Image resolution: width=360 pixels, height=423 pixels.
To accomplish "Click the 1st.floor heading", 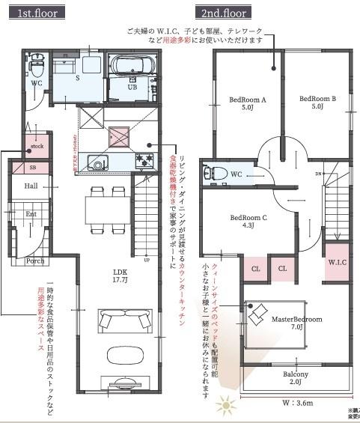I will [x=34, y=13].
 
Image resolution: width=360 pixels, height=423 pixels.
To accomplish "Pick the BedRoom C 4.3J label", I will [x=248, y=221].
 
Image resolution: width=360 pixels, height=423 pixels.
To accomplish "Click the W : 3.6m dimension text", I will [x=296, y=403].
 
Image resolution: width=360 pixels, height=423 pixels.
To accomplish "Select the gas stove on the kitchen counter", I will [x=143, y=160].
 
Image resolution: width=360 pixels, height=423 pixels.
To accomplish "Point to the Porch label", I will [x=34, y=261].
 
